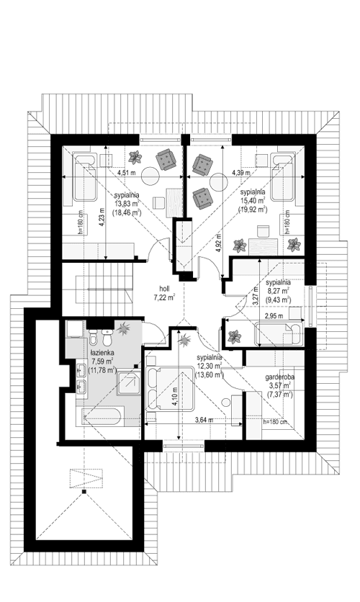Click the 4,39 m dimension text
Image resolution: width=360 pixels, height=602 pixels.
[x=242, y=173]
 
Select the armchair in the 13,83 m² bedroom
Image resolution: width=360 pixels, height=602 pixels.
[x=166, y=160]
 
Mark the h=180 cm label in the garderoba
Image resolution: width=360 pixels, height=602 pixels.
[x=276, y=422]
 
